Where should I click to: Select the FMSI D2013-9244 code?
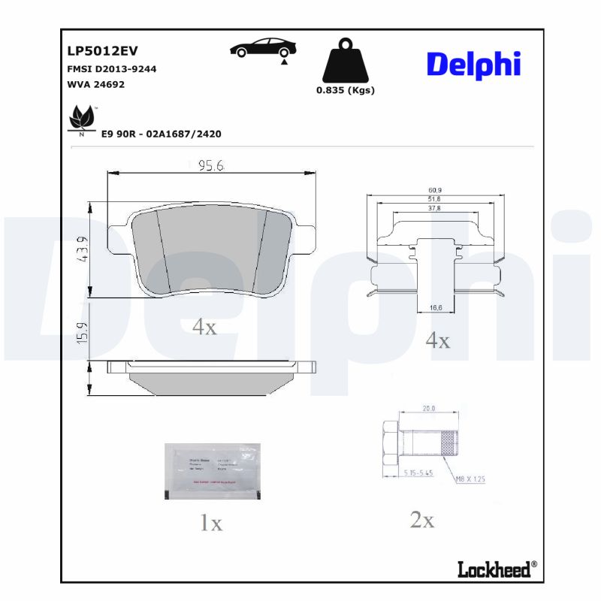112,68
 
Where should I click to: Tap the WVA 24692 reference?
96,84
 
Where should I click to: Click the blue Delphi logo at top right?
473,65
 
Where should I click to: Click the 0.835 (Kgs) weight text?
345,90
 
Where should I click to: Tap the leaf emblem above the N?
81,117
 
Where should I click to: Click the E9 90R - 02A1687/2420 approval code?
161,133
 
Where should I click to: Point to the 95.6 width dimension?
211,166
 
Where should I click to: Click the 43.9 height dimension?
83,249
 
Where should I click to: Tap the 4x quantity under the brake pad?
204,327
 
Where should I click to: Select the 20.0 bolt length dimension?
429,409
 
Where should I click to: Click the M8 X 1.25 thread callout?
470,478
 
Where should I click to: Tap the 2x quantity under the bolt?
422,519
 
